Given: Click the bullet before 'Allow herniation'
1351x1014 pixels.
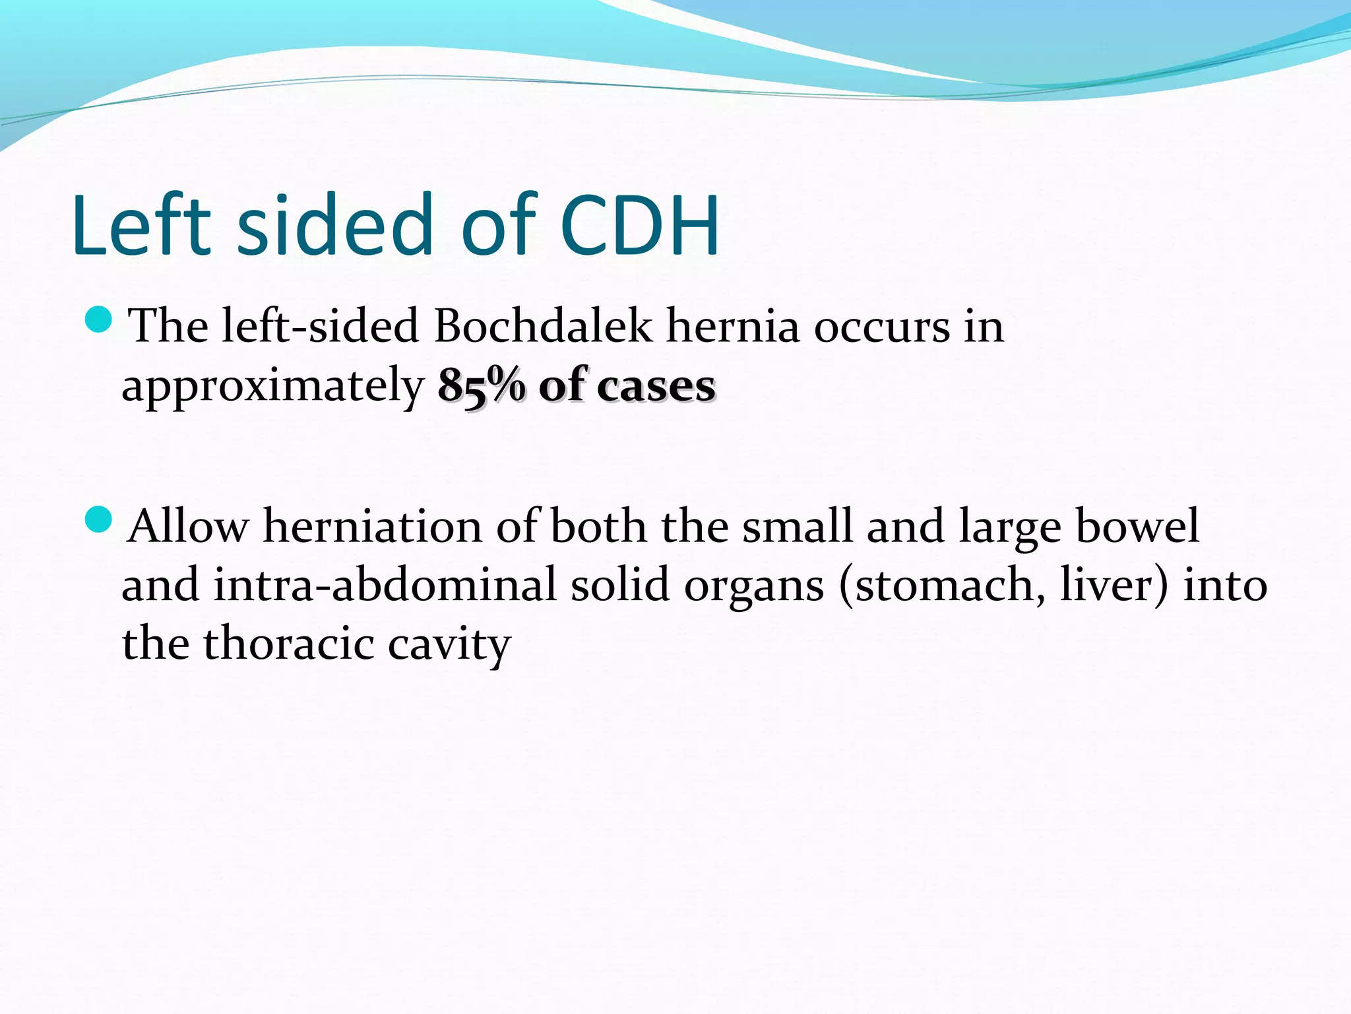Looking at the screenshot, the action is click(99, 519).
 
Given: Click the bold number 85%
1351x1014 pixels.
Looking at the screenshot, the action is click(482, 385).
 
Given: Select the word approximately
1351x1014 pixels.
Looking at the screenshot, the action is click(273, 387).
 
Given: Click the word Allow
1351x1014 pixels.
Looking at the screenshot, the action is click(188, 526).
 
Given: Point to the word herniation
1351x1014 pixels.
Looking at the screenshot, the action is click(373, 526).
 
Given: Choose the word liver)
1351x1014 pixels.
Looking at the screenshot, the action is click(1114, 585).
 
